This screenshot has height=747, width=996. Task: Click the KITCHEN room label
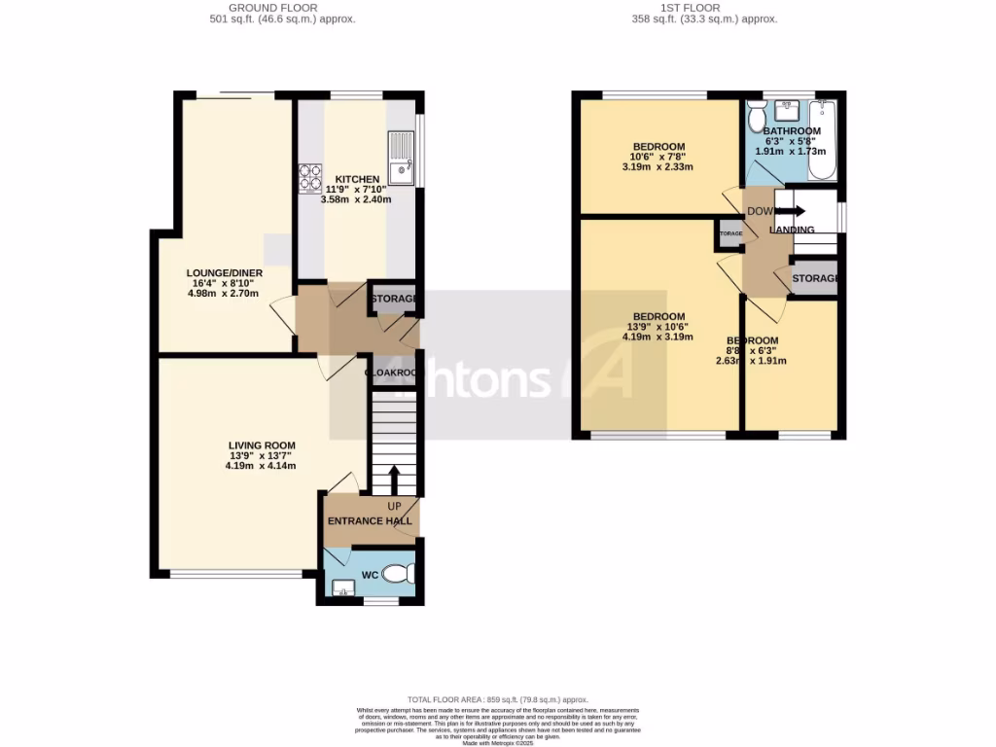[x=357, y=180]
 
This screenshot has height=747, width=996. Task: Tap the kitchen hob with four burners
[x=310, y=177]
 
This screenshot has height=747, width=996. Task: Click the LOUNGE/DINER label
[x=225, y=273]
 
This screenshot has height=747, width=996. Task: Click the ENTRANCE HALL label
[x=370, y=521]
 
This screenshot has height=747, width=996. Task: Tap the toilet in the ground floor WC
[x=397, y=576]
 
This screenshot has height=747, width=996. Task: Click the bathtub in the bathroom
[x=825, y=140]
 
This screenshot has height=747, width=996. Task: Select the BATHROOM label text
[x=791, y=131]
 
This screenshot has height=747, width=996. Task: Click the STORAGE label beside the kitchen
[x=393, y=299]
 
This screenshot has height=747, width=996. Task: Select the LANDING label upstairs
[x=792, y=230]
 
